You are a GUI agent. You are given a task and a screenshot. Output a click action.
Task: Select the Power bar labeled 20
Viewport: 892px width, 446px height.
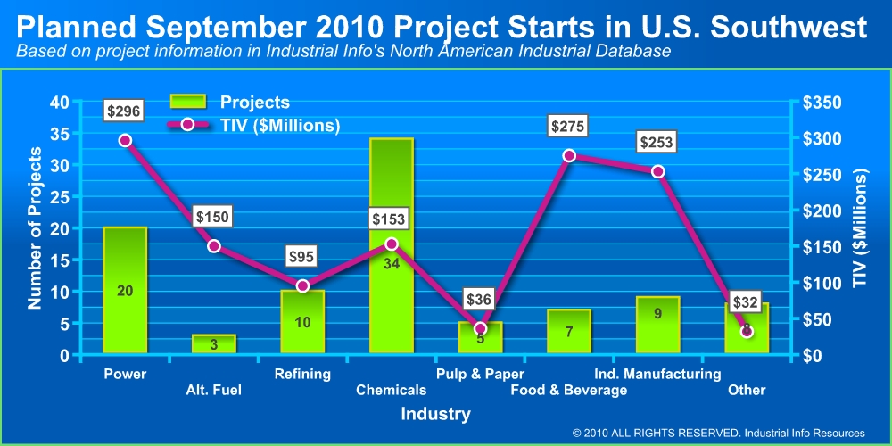click(125, 290)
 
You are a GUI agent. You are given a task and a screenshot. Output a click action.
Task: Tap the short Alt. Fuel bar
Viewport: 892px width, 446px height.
click(214, 344)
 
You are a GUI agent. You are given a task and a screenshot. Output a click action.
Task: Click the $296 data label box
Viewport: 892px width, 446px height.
click(123, 111)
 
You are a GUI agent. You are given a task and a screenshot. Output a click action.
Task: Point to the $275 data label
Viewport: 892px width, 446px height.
click(567, 127)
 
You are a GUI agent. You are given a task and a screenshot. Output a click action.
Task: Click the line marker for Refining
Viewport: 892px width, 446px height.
click(302, 285)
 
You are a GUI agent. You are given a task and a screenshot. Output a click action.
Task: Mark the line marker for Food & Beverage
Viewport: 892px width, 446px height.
click(568, 155)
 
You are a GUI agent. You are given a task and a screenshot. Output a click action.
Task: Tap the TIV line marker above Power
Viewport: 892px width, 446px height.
click(125, 140)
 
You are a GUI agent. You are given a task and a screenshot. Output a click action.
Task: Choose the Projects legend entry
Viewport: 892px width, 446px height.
click(229, 103)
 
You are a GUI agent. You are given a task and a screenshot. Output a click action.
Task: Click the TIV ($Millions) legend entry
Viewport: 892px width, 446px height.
click(254, 125)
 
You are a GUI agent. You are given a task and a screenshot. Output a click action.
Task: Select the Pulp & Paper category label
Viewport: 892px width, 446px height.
click(480, 374)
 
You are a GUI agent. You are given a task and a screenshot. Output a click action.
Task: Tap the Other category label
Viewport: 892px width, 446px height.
click(747, 390)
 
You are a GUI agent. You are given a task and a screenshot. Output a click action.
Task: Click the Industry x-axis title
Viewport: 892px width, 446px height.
click(435, 414)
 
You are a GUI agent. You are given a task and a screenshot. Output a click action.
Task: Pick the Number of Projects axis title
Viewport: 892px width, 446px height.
click(35, 229)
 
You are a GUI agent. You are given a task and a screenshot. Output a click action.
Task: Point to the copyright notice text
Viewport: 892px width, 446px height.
click(719, 432)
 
